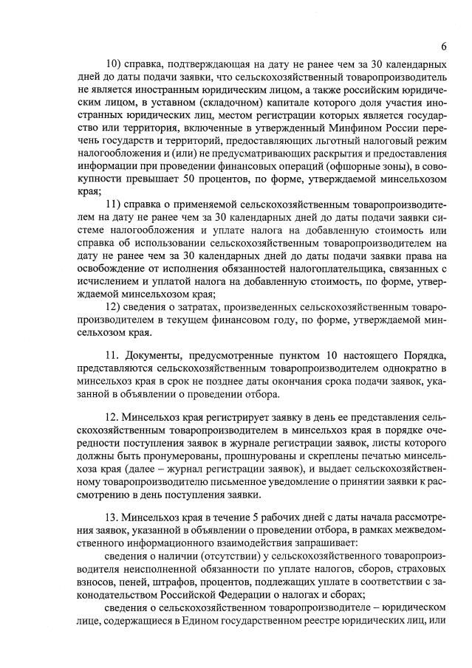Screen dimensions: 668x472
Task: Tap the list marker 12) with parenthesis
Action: click(116, 308)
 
